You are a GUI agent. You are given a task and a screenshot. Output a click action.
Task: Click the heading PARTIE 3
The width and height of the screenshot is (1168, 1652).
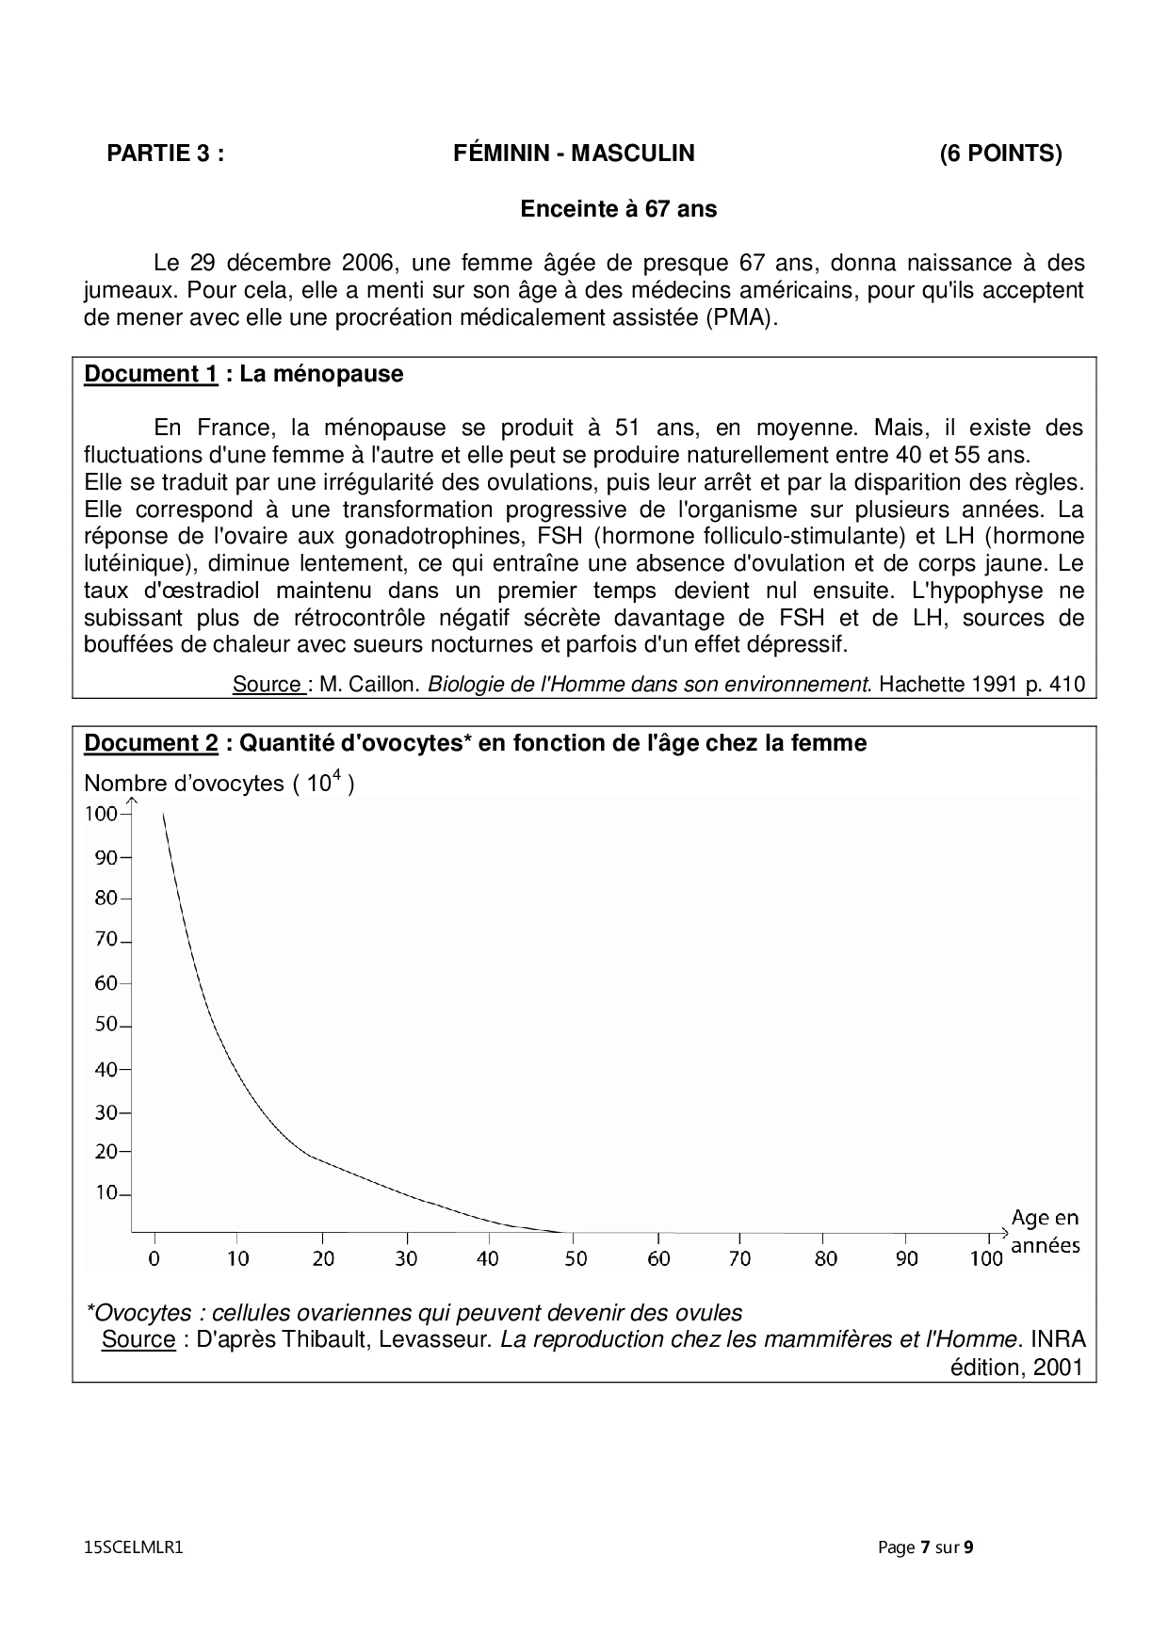pyautogui.click(x=166, y=154)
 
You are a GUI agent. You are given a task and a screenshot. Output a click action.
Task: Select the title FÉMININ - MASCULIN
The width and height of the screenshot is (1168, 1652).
pyautogui.click(x=574, y=154)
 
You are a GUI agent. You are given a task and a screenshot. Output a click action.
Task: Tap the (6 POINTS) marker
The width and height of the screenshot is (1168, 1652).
pyautogui.click(x=1000, y=154)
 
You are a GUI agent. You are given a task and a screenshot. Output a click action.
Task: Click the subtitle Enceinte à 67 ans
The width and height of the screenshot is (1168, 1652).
pyautogui.click(x=618, y=209)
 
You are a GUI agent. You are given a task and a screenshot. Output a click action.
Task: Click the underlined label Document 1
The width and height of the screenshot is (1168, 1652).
pyautogui.click(x=151, y=374)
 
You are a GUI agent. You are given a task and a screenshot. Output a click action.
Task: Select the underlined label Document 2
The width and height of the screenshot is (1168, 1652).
pyautogui.click(x=151, y=743)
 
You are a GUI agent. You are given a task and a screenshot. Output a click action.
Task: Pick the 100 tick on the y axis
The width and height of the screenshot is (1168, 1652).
pyautogui.click(x=101, y=814)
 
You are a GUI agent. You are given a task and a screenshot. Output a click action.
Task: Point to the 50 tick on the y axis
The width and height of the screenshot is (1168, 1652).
pyautogui.click(x=105, y=1025)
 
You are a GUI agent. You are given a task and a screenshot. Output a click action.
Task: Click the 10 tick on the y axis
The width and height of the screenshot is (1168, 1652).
pyautogui.click(x=105, y=1193)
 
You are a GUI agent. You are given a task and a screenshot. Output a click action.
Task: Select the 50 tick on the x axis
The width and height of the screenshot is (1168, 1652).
pyautogui.click(x=575, y=1258)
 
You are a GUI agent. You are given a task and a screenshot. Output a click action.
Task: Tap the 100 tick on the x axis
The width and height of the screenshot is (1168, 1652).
pyautogui.click(x=986, y=1258)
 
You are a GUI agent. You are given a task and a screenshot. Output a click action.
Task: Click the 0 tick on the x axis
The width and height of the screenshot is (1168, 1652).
pyautogui.click(x=155, y=1258)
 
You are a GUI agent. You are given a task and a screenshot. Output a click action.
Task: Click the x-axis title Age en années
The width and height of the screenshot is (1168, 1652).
pyautogui.click(x=1045, y=1232)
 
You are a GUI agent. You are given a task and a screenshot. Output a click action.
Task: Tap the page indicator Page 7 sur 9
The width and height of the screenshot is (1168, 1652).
pyautogui.click(x=925, y=1547)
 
